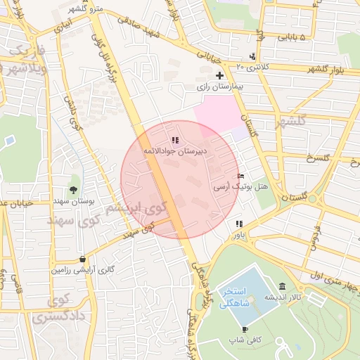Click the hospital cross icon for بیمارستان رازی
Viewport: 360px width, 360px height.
[x=219, y=75]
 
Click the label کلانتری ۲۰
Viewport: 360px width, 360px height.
[x=252, y=66]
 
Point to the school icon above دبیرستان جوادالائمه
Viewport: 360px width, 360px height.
[x=174, y=141]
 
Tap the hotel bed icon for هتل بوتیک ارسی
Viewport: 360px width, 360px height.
[x=241, y=176]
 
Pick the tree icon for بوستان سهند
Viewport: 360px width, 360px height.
[x=73, y=190]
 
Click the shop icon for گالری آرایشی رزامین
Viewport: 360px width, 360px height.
[x=83, y=259]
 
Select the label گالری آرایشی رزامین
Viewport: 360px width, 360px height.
[x=82, y=270]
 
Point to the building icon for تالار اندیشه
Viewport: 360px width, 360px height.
[x=282, y=286]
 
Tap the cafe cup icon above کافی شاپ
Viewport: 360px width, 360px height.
[x=245, y=329]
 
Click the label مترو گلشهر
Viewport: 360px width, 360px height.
[x=86, y=8]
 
